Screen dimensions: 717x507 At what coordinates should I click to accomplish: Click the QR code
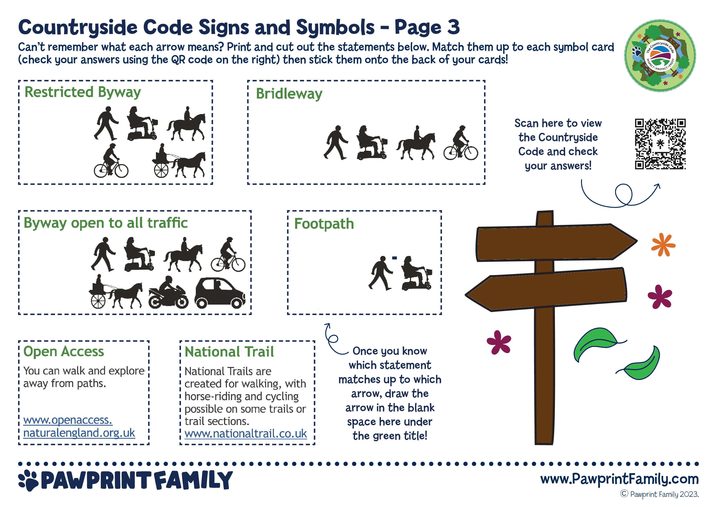coord(660,144)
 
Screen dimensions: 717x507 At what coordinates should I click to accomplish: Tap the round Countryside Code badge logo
coord(660,56)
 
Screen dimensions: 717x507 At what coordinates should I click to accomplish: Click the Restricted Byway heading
coord(83,92)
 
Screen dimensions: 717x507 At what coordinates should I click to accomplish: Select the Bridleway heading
coord(289,94)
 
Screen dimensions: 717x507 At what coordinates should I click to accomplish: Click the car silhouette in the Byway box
coord(220,293)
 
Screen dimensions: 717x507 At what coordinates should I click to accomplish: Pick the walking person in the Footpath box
coord(380,273)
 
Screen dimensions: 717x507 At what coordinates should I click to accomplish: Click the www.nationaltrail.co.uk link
coord(246,434)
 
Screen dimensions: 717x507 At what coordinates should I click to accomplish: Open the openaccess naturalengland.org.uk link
coord(79,426)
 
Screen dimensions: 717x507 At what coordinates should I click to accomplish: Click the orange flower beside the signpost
coord(663,244)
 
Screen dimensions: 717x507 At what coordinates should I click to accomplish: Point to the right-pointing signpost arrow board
coord(556,242)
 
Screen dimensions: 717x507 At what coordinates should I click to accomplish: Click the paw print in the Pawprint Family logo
coord(28,480)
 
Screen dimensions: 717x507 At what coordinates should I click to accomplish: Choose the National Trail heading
coord(229,352)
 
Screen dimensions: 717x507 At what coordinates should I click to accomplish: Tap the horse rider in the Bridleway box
coord(416,143)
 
